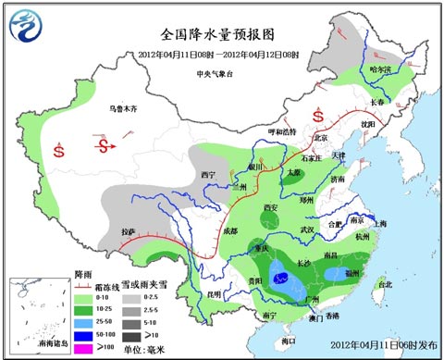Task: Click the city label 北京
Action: click(x=320, y=138)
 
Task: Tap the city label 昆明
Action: click(x=216, y=294)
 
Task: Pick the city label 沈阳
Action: click(x=369, y=122)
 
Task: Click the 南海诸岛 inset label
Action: click(x=33, y=344)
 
